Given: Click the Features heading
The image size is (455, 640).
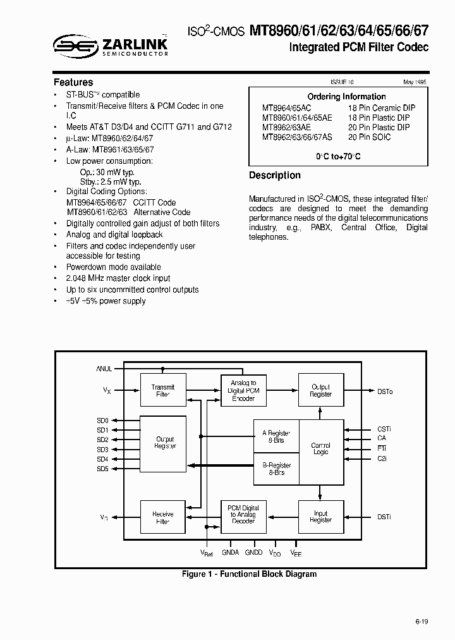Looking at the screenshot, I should coord(73,82).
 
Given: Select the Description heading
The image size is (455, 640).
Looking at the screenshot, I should coord(275,175).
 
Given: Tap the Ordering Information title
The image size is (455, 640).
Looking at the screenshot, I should coord(346,97).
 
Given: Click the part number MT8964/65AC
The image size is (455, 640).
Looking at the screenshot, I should coord(286,108).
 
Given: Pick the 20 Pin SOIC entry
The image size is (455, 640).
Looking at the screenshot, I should coord(369,137).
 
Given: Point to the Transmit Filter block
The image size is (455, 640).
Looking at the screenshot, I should coord(163,391).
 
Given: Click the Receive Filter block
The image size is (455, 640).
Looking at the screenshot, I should coord(163,519).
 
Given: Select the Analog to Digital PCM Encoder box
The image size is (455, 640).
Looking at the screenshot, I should coord(243,391).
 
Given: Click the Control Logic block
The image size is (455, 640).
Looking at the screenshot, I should coord(320,450).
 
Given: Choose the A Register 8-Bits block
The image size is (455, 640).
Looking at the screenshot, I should coord(276,436).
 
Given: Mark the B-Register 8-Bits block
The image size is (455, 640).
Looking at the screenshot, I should coord(276,469).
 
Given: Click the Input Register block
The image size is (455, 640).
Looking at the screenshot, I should coord(320,517).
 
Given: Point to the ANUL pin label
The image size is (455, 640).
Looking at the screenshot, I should coord(104,368).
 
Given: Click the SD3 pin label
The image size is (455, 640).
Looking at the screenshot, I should coord(102,450).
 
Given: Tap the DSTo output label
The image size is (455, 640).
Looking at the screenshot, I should coord(385,392).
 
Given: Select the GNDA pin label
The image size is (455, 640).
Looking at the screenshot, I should coord(231,552).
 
